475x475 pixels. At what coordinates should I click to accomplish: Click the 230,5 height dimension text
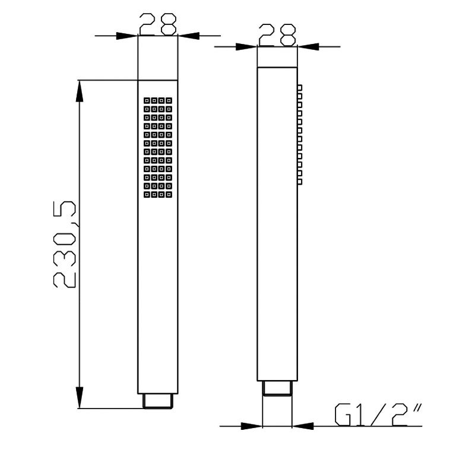[x=64, y=244]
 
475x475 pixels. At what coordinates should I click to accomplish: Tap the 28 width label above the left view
[x=158, y=24]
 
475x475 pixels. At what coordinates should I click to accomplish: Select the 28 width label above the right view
[x=277, y=35]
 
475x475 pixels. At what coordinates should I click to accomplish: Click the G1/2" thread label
[x=378, y=414]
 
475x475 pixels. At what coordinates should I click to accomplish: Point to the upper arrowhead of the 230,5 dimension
[x=80, y=91]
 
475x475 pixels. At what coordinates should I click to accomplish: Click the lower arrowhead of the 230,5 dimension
[x=80, y=397]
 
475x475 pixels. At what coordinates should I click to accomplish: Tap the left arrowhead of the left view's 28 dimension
[x=127, y=36]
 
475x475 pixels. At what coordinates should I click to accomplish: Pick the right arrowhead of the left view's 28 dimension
[x=189, y=36]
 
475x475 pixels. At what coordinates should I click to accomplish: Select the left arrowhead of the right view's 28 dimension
[x=246, y=47]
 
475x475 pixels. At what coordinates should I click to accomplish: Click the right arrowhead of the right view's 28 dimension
[x=308, y=47]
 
